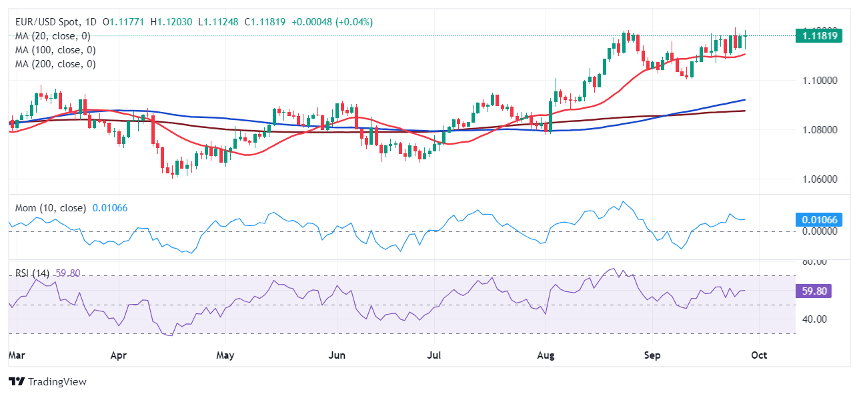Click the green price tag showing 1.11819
click(818, 35)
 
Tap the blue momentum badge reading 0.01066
click(818, 220)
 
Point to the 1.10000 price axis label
click(818, 80)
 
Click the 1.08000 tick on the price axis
click(818, 129)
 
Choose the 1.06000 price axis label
click(818, 179)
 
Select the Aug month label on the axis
click(546, 355)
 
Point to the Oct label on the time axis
click(759, 355)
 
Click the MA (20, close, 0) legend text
click(53, 36)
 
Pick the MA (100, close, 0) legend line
click(55, 50)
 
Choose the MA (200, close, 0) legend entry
click(55, 64)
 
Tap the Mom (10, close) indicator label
click(51, 208)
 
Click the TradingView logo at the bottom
click(48, 382)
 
